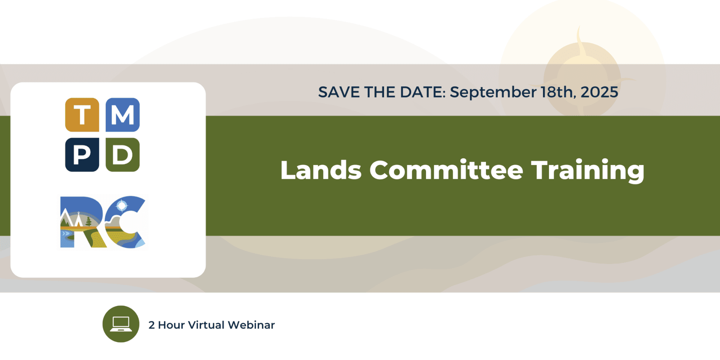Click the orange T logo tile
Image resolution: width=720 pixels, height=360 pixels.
pyautogui.click(x=82, y=115)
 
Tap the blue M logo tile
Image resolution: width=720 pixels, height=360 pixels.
pyautogui.click(x=123, y=115)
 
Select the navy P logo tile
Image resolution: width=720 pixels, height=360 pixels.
pyautogui.click(x=82, y=154)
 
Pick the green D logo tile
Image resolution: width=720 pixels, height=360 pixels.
pyautogui.click(x=123, y=154)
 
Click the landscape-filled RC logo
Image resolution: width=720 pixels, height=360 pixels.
pyautogui.click(x=103, y=222)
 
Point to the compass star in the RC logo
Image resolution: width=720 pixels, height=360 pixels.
pyautogui.click(x=122, y=205)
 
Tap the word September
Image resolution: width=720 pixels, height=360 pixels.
pyautogui.click(x=493, y=92)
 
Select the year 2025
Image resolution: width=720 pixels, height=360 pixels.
pyautogui.click(x=599, y=92)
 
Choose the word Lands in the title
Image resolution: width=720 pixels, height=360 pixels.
pyautogui.click(x=321, y=170)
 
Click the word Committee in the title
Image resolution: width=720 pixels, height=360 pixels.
pyautogui.click(x=446, y=170)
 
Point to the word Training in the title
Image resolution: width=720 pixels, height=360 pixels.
pyautogui.click(x=588, y=171)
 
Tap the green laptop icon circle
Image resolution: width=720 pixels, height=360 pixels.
pyautogui.click(x=121, y=324)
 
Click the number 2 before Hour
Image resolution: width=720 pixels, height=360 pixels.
pyautogui.click(x=151, y=325)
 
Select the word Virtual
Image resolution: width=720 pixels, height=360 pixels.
pyautogui.click(x=206, y=325)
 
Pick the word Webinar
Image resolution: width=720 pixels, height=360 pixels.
pyautogui.click(x=251, y=325)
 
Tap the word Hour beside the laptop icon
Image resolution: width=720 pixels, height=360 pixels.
pyautogui.click(x=171, y=325)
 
